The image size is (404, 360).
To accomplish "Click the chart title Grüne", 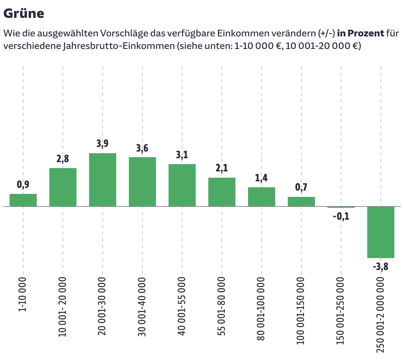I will pyautogui.click(x=24, y=14).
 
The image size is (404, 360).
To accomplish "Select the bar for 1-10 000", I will pyautogui.click(x=23, y=200).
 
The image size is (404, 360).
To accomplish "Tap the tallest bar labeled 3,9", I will pyautogui.click(x=103, y=180).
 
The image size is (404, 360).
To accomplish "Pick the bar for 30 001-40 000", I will pyautogui.click(x=142, y=182).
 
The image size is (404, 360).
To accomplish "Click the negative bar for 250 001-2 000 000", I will pyautogui.click(x=381, y=232).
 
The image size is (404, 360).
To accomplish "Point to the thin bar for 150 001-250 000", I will pyautogui.click(x=341, y=207).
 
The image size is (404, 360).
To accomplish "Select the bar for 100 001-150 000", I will pyautogui.click(x=301, y=202).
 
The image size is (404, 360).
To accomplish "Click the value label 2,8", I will pyautogui.click(x=63, y=159).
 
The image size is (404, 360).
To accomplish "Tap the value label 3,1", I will pyautogui.click(x=182, y=155).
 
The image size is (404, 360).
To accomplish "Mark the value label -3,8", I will pyautogui.click(x=380, y=266).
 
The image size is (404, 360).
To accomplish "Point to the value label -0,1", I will pyautogui.click(x=341, y=217).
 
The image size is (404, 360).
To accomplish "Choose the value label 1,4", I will pyautogui.click(x=262, y=178).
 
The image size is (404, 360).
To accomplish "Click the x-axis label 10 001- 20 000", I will pyautogui.click(x=63, y=307).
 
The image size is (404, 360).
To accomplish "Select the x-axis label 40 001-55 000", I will pyautogui.click(x=182, y=306).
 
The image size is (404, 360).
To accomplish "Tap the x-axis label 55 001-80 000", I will pyautogui.click(x=222, y=306).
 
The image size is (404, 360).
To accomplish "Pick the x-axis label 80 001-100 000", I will pyautogui.click(x=261, y=308).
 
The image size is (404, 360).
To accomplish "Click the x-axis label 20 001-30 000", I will pyautogui.click(x=102, y=306).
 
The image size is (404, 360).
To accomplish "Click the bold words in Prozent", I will pyautogui.click(x=361, y=33).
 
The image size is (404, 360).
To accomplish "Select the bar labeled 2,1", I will pyautogui.click(x=222, y=192).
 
